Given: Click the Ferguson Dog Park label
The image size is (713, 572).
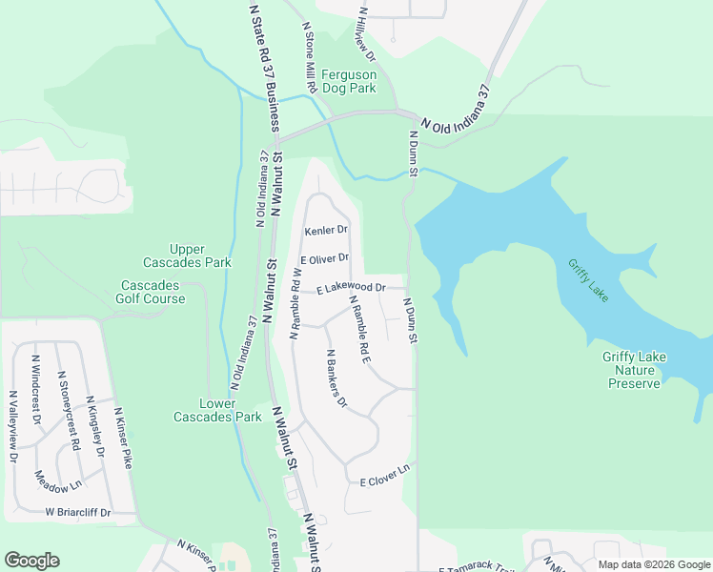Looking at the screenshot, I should click(x=349, y=81).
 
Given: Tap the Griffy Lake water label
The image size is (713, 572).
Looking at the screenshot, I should click(x=587, y=280).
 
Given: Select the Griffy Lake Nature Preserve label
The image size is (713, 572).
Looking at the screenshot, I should click(x=635, y=370).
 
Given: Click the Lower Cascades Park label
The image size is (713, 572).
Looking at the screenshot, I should click(x=217, y=410).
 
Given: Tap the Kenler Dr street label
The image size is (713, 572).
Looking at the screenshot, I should click(x=326, y=231).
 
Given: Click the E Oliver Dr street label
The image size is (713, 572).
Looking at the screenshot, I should click(x=325, y=258).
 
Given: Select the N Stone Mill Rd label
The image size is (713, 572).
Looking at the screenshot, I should click(x=310, y=57).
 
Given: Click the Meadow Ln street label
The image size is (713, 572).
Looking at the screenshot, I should click(x=58, y=481).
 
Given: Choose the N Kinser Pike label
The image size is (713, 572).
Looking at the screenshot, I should click(x=123, y=439).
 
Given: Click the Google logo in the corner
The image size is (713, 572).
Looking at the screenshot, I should click(x=32, y=561).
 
